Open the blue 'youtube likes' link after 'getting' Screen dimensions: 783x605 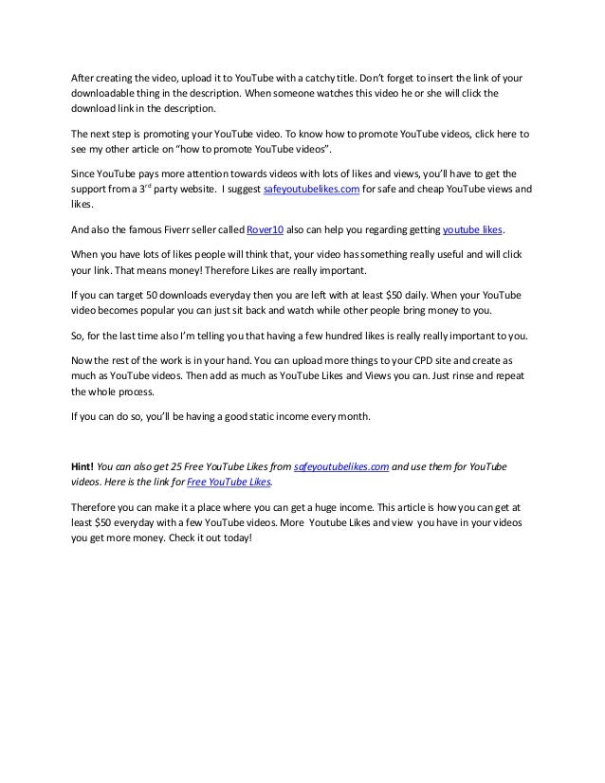474,230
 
